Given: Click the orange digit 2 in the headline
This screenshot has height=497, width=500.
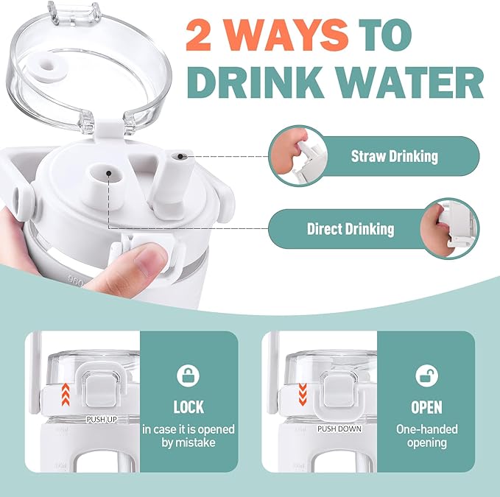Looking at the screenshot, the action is click(199, 35).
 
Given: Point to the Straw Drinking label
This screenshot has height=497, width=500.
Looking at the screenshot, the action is click(395, 156).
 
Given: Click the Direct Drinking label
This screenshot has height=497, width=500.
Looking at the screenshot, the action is click(351, 229).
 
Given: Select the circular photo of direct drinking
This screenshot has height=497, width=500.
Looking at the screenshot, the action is click(450, 228).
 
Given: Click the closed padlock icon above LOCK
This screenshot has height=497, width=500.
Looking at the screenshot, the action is click(188, 376).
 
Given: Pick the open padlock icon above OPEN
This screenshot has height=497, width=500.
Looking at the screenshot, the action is click(426, 376).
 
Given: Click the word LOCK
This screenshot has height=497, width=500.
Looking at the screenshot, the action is click(189, 407).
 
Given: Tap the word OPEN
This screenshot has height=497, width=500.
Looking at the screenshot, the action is click(426, 407).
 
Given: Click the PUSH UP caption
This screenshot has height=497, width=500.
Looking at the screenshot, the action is click(102, 420).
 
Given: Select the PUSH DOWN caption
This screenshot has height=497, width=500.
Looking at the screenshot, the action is click(339, 429).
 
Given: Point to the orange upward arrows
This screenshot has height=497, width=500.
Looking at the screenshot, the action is click(66, 395).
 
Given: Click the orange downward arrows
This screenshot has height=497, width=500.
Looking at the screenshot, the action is click(303, 395).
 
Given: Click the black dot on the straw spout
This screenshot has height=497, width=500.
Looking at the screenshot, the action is click(180, 156).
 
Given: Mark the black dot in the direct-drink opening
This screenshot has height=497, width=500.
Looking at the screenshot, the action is click(109, 173).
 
